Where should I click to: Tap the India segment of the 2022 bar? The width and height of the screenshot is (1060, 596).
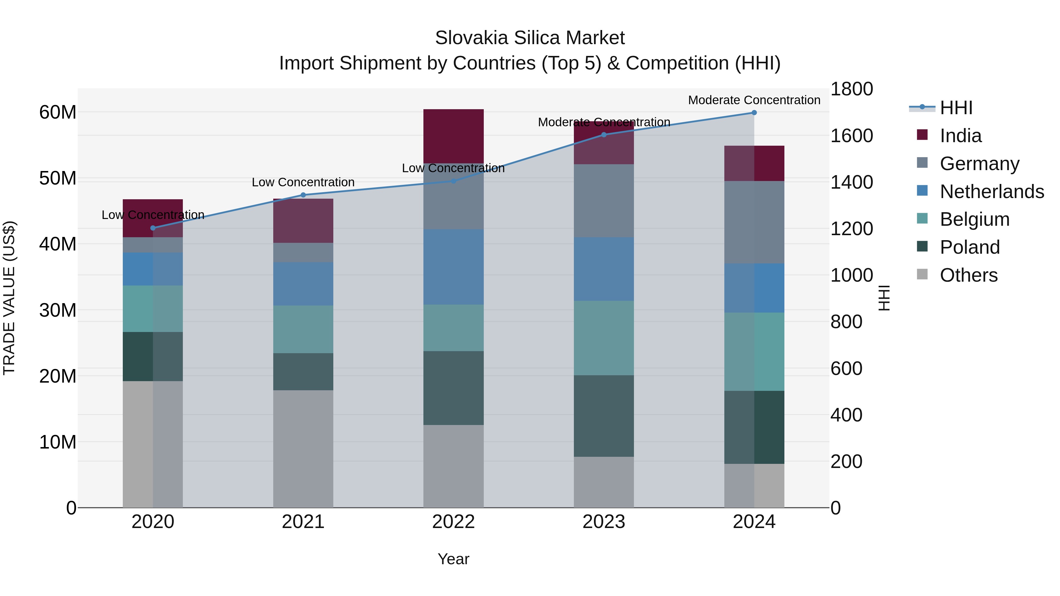point(453,136)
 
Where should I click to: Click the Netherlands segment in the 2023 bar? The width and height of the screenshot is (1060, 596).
point(604,269)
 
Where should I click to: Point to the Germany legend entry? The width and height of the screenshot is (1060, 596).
point(979,164)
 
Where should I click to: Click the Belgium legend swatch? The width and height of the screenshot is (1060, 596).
point(922,218)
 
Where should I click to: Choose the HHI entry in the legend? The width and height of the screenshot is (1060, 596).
point(956,108)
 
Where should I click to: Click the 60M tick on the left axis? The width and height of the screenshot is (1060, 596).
point(58,112)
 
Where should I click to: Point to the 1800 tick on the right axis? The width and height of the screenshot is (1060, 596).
point(851,89)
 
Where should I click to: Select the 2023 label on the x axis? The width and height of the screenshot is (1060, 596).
point(604,522)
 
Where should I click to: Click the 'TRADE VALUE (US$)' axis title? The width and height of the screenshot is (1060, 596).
point(9,298)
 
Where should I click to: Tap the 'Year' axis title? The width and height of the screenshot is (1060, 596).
point(453,559)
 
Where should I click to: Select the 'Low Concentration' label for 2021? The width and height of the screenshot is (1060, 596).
point(303,182)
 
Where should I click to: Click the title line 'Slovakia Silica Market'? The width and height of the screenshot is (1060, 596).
point(530,38)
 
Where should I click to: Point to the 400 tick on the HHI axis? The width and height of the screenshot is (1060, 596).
point(846,415)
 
